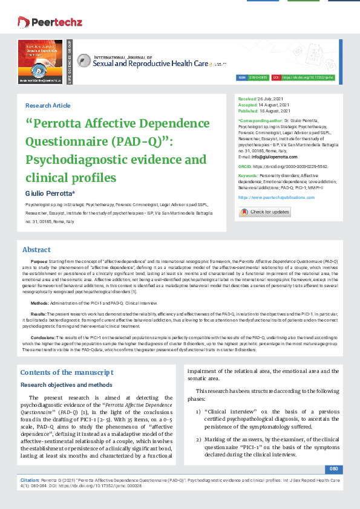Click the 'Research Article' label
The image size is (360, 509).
pyautogui.click(x=48, y=106)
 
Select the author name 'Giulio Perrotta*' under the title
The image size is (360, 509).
pyautogui.click(x=50, y=192)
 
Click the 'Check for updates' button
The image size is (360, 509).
pyautogui.click(x=264, y=212)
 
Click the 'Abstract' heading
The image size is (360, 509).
pyautogui.click(x=36, y=250)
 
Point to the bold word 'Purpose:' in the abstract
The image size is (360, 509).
pyautogui.click(x=39, y=260)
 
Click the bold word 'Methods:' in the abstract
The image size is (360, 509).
pyautogui.click(x=40, y=302)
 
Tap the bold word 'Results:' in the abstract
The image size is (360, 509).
pyautogui.click(x=39, y=314)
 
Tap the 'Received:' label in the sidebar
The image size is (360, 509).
pyautogui.click(x=247, y=98)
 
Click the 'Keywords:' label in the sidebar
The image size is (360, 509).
pyautogui.click(x=248, y=174)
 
